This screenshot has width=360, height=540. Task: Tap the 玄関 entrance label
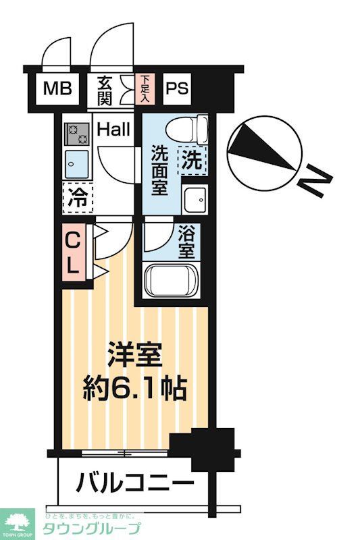point(105,90)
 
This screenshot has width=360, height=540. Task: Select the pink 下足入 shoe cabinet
point(146,88)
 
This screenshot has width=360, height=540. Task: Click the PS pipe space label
point(178,88)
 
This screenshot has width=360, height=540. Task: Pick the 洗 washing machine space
point(192,161)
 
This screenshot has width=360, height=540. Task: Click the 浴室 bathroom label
point(186,242)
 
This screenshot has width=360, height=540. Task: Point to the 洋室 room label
point(136,354)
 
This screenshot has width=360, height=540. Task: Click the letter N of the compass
point(314,183)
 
